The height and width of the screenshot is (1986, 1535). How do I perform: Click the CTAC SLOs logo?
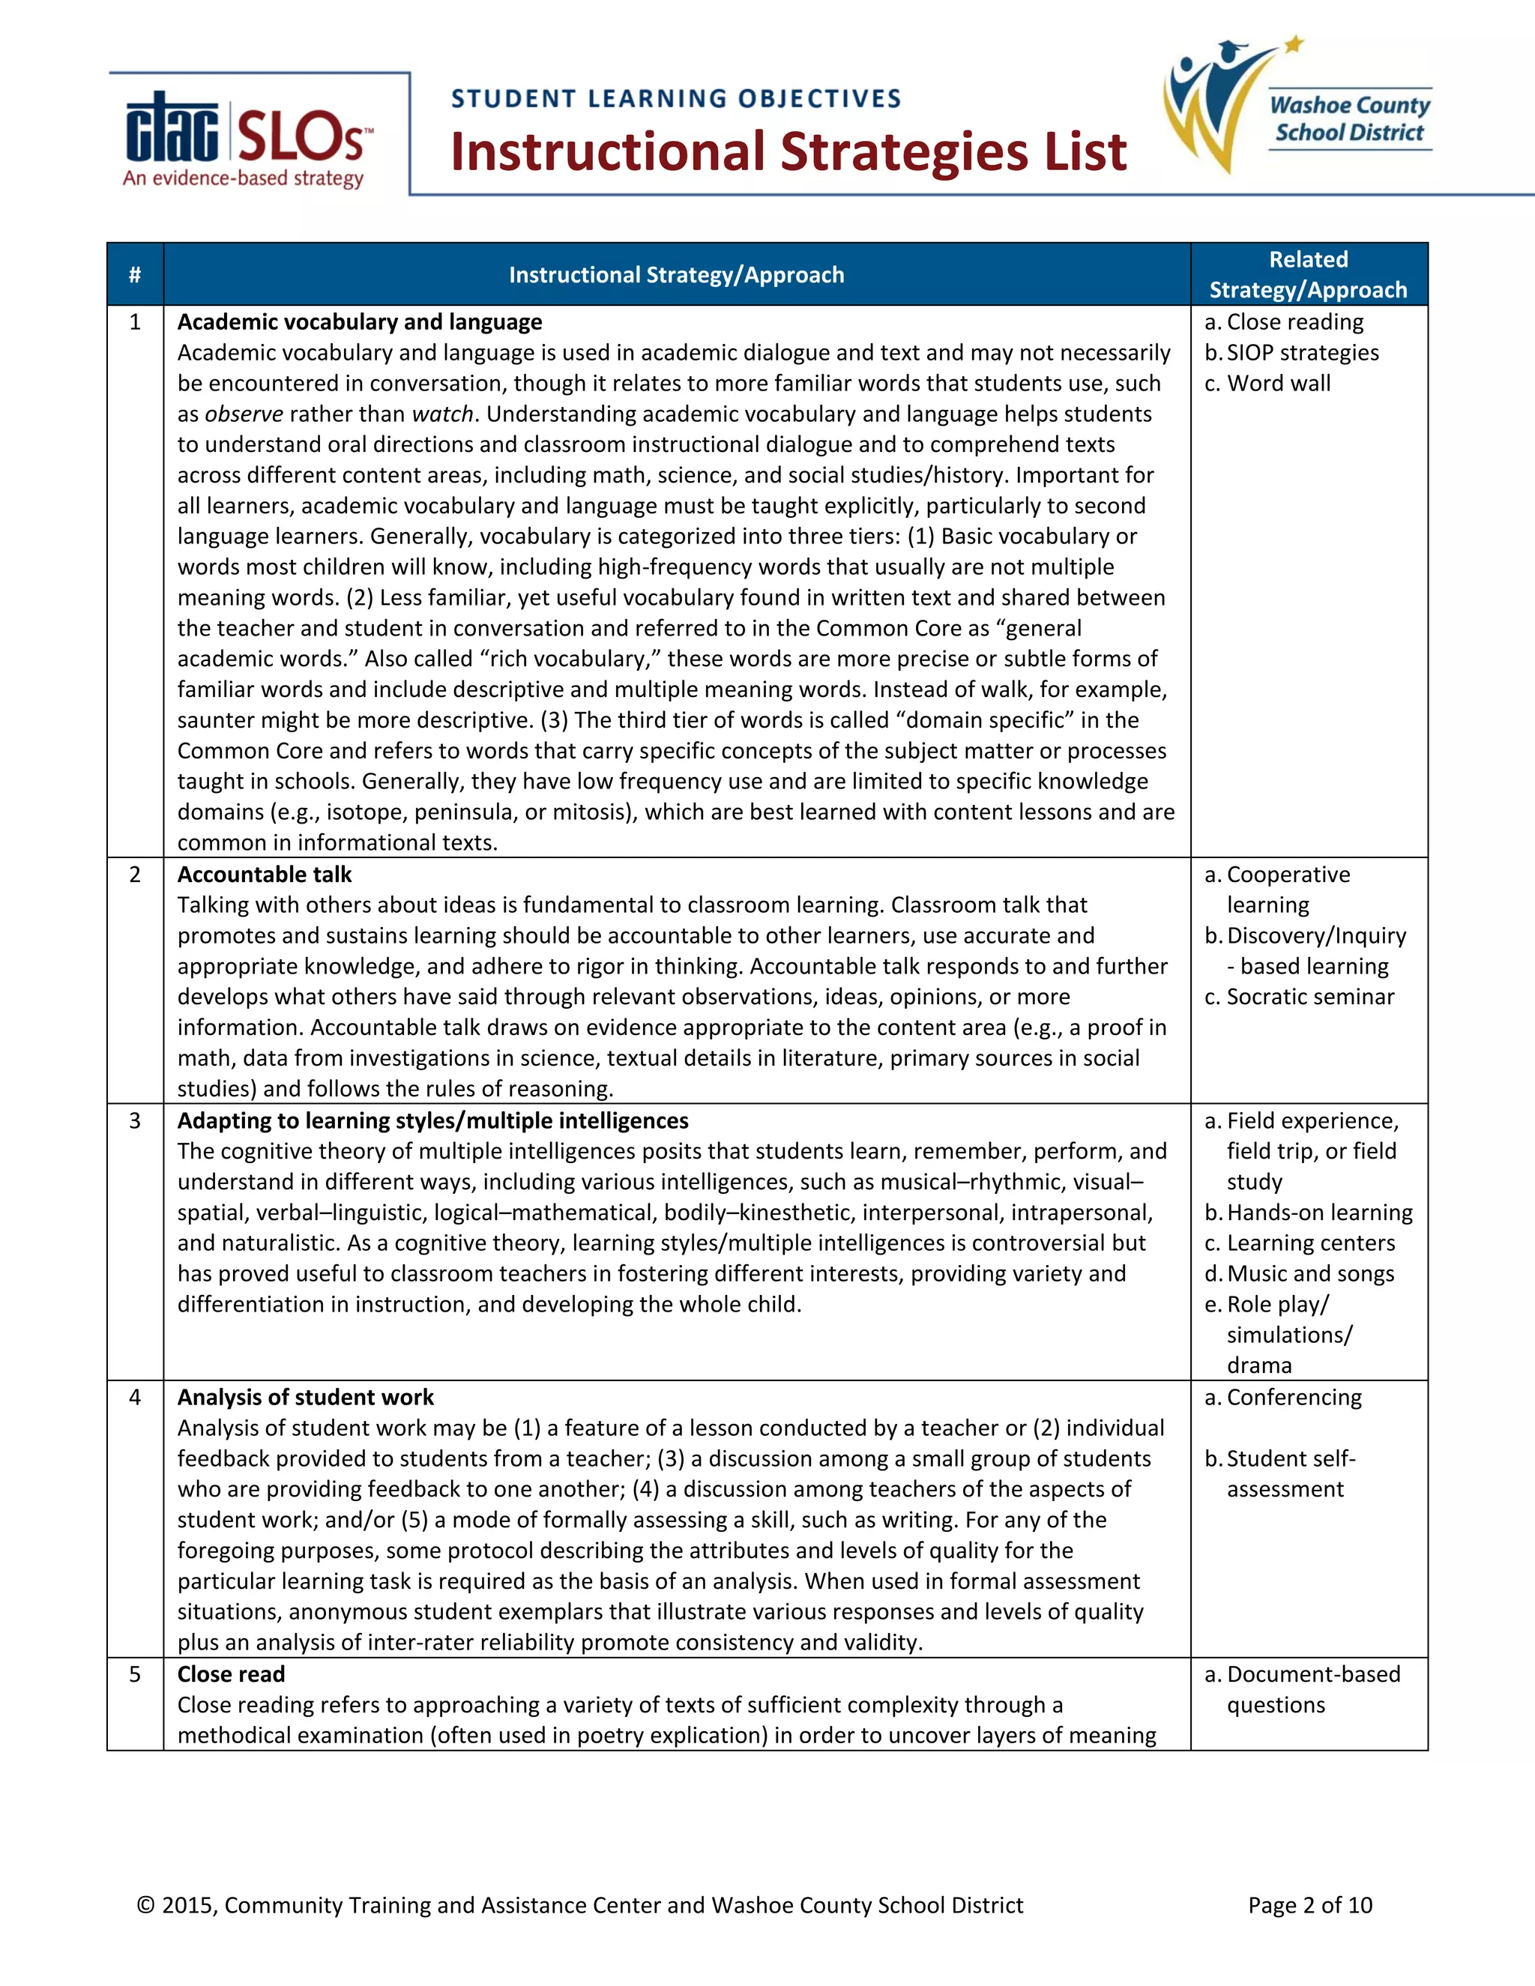pos(247,138)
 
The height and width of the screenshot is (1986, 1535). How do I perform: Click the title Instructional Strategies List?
pos(788,152)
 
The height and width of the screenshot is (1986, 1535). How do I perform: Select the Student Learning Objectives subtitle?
pos(675,98)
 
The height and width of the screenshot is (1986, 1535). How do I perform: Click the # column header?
pos(135,274)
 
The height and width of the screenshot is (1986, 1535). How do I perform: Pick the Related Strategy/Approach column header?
pos(1308,274)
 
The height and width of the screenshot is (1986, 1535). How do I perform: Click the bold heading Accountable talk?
pos(264,875)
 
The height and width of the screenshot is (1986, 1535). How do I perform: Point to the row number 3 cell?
pos(135,1120)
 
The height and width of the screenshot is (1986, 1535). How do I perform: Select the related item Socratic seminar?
pos(1309,997)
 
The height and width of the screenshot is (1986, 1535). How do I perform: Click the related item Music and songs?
pos(1309,1274)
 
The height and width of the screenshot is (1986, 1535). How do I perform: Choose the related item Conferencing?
pos(1293,1398)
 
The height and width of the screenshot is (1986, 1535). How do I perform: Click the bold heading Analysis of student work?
pos(306,1398)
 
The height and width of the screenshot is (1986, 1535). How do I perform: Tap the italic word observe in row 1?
pos(244,414)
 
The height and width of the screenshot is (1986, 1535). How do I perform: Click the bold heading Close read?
pos(231,1674)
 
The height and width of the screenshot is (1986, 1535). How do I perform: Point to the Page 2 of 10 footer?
pos(1309,1905)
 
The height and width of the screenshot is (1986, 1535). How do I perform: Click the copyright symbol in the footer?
pos(145,1905)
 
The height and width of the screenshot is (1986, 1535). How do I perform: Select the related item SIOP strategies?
pos(1301,353)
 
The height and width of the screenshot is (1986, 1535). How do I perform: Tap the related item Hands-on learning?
pos(1318,1213)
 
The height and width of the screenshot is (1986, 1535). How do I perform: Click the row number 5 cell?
pos(135,1674)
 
